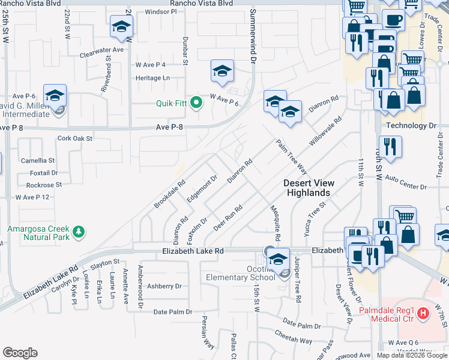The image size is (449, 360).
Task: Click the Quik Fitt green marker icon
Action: tap(196, 103)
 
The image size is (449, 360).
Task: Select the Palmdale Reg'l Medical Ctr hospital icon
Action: tap(424, 313)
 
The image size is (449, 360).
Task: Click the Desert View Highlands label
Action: tap(307, 188)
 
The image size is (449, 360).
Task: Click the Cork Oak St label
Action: tap(75, 138)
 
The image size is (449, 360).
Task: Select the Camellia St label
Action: tap(38, 161)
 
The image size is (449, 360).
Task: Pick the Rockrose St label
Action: tap(40, 185)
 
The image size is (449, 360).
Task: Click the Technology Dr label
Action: tap(411, 125)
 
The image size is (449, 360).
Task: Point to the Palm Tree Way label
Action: tap(292, 157)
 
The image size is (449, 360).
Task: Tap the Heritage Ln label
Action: tap(152, 78)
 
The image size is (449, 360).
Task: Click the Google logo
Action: tap(20, 353)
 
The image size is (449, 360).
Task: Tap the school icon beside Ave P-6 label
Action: tap(55, 96)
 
